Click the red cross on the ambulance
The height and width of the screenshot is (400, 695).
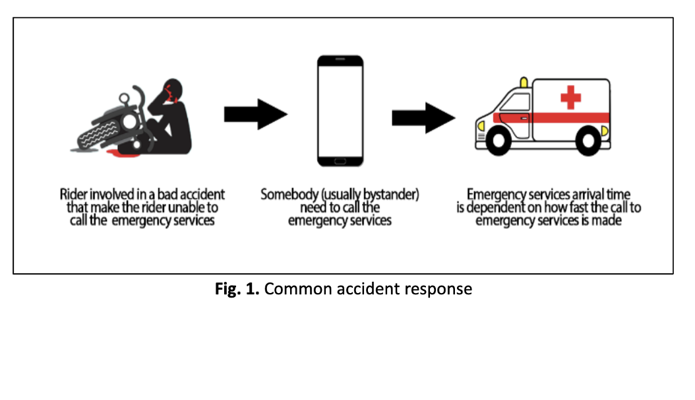(570, 97)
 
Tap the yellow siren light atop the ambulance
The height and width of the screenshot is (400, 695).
(524, 83)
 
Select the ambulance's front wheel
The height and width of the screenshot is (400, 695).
(499, 141)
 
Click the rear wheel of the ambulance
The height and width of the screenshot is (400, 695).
(588, 141)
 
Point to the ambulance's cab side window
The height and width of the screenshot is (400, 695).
(516, 102)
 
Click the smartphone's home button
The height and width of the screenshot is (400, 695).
(340, 162)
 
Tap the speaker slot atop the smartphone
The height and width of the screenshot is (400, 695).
(340, 59)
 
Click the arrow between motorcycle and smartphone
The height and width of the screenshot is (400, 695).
(256, 114)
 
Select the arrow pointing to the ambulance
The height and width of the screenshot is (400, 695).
(424, 118)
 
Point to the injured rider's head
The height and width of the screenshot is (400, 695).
(172, 90)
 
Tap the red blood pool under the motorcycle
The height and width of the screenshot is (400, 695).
(122, 153)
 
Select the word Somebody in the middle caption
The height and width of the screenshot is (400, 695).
(289, 194)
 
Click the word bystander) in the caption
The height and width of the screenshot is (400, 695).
(391, 195)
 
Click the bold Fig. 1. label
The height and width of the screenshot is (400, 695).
(237, 288)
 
